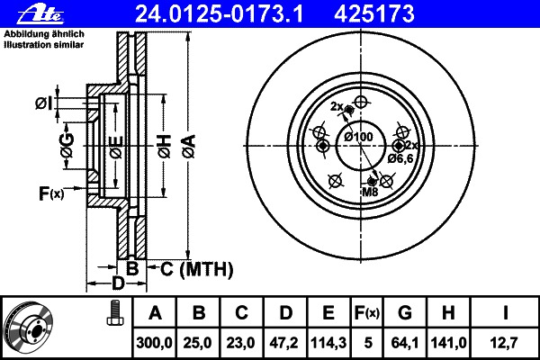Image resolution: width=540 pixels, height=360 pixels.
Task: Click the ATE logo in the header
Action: tap(40, 13)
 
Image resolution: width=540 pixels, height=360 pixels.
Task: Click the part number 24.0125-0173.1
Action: tap(219, 14)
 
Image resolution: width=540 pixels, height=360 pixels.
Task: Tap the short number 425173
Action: tap(374, 14)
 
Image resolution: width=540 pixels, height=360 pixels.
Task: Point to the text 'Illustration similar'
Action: tap(44, 45)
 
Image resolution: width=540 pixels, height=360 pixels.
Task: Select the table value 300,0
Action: tap(154, 343)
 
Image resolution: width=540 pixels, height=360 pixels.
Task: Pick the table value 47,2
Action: tap(284, 343)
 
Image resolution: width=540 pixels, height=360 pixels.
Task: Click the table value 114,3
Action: tap(328, 343)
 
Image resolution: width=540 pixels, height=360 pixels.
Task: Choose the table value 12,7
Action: tap(505, 343)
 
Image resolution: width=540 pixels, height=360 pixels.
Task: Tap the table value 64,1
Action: tap(405, 343)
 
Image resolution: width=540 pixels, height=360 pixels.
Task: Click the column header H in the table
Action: tap(448, 313)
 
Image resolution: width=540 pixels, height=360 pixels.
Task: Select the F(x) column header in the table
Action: tap(367, 313)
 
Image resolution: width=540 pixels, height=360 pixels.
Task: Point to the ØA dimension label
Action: tap(189, 146)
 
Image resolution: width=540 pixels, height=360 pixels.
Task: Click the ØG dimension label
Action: tap(67, 145)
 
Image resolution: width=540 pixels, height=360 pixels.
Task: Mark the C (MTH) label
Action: tap(196, 269)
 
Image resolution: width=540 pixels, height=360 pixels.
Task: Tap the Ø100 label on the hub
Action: tap(359, 137)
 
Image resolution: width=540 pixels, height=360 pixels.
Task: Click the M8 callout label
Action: tap(370, 193)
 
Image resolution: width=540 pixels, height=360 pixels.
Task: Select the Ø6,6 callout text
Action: tap(400, 158)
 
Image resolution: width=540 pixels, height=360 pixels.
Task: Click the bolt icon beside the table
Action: tap(114, 313)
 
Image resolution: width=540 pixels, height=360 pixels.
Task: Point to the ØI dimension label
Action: tap(44, 103)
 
